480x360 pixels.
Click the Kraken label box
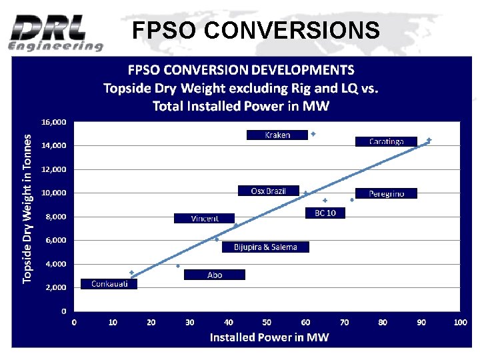tap(277, 135)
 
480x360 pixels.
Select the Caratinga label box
tap(387, 141)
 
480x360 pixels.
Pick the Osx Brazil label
tap(268, 191)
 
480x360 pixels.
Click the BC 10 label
tap(325, 213)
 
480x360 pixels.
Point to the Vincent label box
tap(205, 218)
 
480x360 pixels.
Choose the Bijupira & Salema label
tap(265, 247)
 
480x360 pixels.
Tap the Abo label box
tap(215, 275)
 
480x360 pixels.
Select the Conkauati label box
tap(109, 283)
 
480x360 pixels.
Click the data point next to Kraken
tap(313, 134)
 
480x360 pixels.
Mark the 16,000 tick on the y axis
tap(54, 122)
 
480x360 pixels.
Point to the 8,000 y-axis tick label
tap(56, 217)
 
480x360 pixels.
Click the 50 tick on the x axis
tap(267, 323)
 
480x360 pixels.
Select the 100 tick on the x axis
tap(460, 323)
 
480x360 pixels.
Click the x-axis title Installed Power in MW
tap(269, 337)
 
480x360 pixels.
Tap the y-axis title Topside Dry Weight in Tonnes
tap(27, 208)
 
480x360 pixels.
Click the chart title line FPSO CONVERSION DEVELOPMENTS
tap(241, 69)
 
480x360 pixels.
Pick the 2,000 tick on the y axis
tap(56, 287)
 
